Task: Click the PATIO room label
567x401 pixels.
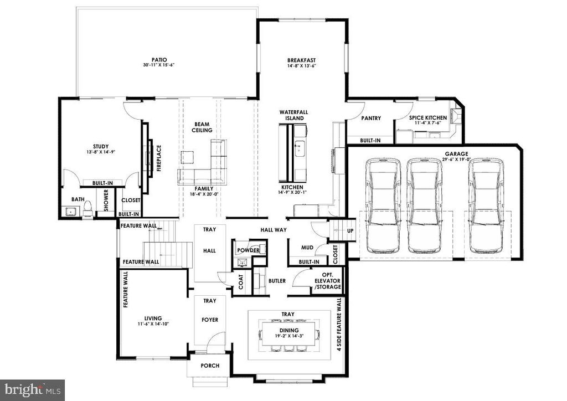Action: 159,60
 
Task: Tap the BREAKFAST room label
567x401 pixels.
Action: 301,60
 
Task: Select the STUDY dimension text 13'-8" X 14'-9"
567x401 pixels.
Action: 101,152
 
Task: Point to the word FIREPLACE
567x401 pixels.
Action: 159,158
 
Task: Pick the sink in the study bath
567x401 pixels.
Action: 70,211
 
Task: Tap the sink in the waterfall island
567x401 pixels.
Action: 300,148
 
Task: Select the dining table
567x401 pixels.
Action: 289,333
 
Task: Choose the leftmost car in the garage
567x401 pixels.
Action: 383,205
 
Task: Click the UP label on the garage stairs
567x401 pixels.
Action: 350,231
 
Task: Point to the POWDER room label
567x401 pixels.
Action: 249,250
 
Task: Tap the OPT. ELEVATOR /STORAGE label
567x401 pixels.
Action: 327,281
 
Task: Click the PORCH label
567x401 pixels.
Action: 210,366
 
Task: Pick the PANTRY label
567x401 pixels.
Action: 371,118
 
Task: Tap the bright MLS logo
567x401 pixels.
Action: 33,390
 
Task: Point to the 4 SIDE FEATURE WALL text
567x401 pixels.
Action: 339,324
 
